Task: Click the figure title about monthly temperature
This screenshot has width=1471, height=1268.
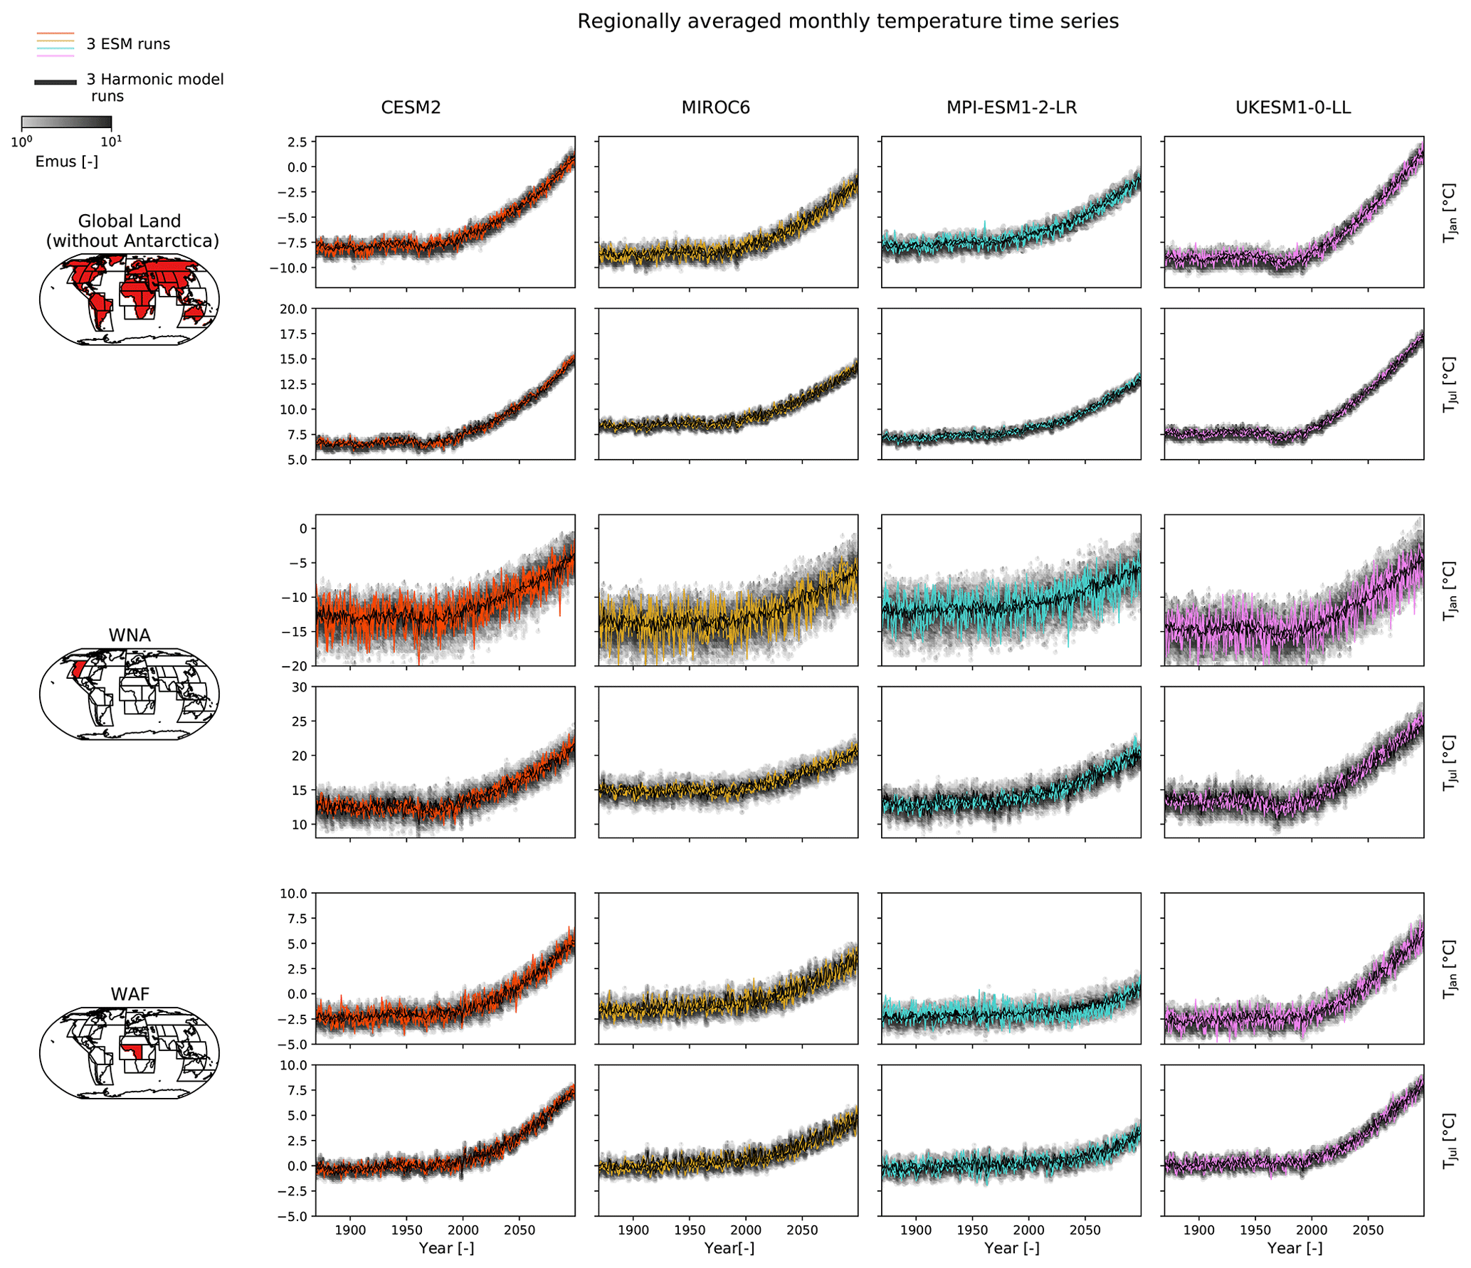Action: point(848,21)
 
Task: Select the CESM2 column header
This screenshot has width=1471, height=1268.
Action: point(411,107)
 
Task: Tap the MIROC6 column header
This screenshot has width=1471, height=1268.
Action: point(715,107)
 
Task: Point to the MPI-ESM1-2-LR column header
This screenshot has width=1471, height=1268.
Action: point(1011,107)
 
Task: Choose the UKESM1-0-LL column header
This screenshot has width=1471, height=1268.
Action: point(1293,107)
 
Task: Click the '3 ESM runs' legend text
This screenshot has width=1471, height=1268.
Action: point(128,44)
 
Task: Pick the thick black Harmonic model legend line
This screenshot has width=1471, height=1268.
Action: point(56,83)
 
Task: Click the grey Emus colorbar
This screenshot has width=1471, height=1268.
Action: point(66,122)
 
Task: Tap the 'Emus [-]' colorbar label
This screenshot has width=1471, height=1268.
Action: point(66,162)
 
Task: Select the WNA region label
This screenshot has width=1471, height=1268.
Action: point(130,635)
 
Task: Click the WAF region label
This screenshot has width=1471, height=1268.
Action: point(130,994)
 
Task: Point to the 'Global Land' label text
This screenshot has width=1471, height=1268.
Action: point(130,221)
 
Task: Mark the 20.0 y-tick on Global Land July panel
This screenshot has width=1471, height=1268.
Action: point(293,309)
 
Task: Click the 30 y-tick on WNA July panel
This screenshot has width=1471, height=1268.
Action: point(299,687)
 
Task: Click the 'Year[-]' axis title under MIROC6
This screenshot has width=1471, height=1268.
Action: point(729,1248)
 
